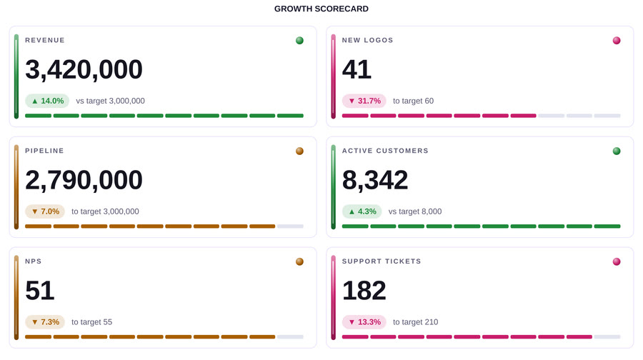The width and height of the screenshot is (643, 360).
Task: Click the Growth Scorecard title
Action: (321, 9)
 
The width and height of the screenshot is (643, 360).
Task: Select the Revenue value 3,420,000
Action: (84, 69)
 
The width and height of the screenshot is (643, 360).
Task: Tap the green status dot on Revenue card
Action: (300, 40)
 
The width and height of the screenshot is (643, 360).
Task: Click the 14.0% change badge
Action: (47, 101)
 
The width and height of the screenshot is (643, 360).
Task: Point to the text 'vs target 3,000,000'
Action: (110, 101)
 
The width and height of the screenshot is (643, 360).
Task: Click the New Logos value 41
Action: (357, 69)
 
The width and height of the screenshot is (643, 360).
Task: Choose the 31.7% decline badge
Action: (364, 101)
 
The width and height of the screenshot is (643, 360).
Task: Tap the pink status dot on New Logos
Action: (617, 40)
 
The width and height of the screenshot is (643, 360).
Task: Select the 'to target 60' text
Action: (413, 101)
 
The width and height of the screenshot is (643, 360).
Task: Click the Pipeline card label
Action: (44, 151)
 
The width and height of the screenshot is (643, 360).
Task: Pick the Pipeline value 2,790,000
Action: (84, 180)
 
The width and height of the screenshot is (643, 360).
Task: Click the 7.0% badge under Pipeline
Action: (45, 211)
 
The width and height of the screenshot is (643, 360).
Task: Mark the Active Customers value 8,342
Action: (375, 180)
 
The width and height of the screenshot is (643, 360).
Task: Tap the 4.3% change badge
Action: (362, 211)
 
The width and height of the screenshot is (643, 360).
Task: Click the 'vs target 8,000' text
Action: (415, 211)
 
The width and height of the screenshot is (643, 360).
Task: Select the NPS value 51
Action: (40, 291)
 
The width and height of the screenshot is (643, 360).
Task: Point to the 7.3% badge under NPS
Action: (45, 322)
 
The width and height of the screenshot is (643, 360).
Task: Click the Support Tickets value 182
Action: (364, 291)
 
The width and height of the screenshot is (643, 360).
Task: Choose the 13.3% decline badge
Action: (364, 322)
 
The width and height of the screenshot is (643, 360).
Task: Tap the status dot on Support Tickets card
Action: (617, 261)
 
